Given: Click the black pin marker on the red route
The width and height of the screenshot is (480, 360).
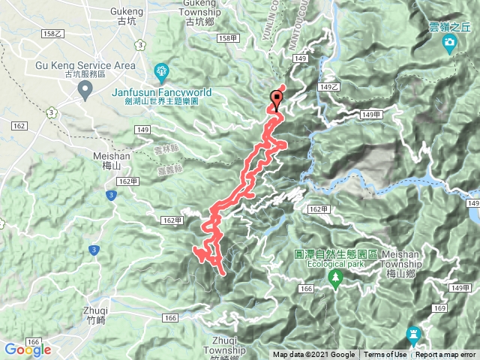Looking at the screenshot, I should pos(277,97).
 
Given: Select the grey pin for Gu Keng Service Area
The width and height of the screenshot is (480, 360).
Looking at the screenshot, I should pos(85,90).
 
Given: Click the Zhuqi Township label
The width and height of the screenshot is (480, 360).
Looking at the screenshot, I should pos(225,345).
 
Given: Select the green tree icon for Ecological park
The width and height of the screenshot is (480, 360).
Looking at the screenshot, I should pos(335,279).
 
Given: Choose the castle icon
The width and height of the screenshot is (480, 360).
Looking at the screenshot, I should pos(412,333).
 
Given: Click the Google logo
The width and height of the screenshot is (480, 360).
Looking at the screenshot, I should pos(27,349).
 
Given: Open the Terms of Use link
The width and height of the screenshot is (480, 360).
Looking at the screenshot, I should pos(385,355).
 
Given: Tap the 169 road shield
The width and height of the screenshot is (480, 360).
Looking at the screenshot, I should pos(439,307).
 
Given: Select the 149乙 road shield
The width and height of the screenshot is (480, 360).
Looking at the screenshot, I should pos(328,87).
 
